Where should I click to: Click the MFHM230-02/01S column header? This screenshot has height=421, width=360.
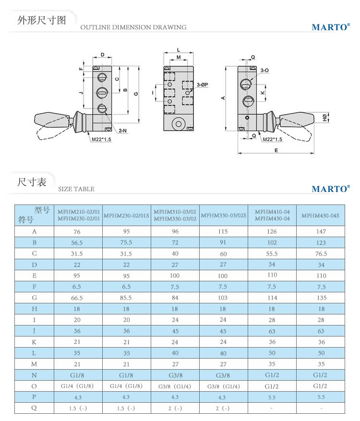click(126, 216)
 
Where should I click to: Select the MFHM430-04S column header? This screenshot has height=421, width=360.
click(320, 216)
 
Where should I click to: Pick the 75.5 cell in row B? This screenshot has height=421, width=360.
click(126, 242)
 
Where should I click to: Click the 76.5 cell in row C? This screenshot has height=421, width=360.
click(320, 254)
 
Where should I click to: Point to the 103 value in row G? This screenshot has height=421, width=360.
click(223, 298)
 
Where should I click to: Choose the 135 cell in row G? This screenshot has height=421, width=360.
click(320, 298)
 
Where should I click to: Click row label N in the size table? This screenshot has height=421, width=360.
click(34, 375)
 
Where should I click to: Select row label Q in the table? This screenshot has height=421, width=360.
click(34, 408)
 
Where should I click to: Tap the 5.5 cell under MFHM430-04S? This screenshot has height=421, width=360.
click(320, 397)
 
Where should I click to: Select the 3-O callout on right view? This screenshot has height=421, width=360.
click(264, 71)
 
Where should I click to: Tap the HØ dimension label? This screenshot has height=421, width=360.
click(324, 117)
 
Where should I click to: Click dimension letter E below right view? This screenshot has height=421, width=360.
click(276, 150)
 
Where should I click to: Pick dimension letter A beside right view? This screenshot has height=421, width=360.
click(223, 98)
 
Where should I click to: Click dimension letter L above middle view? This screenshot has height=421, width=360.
click(178, 49)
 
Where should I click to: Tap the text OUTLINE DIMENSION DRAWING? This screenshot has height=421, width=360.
click(133, 27)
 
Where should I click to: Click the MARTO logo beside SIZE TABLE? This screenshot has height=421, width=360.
click(331, 189)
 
